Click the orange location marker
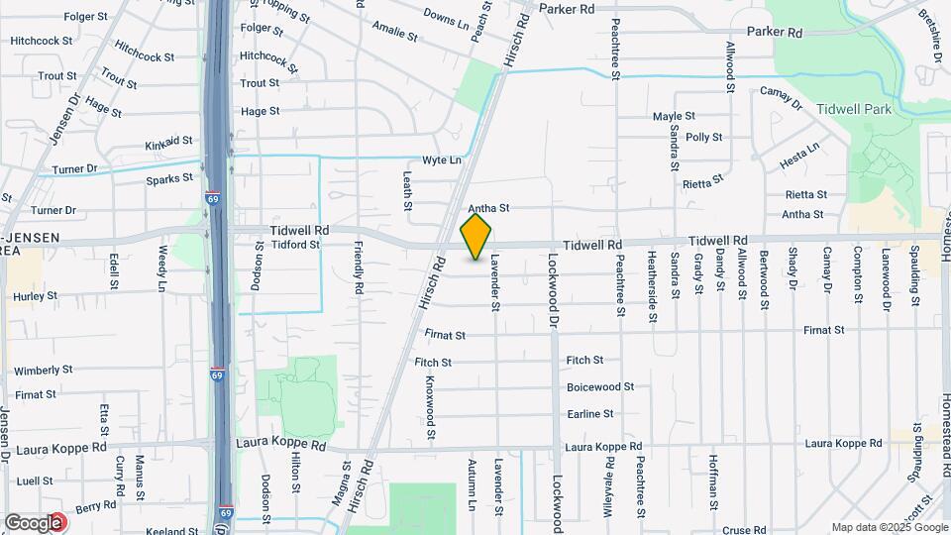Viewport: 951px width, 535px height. click(x=476, y=238)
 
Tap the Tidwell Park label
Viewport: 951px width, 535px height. click(x=855, y=109)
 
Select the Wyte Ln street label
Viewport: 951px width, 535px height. click(x=442, y=160)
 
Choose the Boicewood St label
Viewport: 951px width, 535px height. click(x=600, y=387)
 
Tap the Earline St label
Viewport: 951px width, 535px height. click(x=590, y=414)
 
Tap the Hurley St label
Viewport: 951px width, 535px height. click(x=35, y=295)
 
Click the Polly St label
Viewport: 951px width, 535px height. click(x=703, y=138)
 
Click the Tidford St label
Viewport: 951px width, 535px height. click(x=295, y=245)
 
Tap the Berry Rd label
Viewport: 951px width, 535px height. click(x=96, y=507)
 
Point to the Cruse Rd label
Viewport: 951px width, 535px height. click(x=745, y=530)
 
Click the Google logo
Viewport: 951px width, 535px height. click(x=33, y=522)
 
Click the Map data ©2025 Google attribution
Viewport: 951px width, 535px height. click(x=889, y=527)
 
